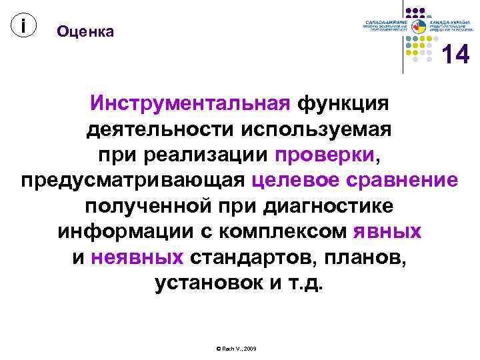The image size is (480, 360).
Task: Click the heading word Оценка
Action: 85,31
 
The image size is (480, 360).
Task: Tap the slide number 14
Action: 456,55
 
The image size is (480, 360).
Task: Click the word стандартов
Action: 251,257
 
